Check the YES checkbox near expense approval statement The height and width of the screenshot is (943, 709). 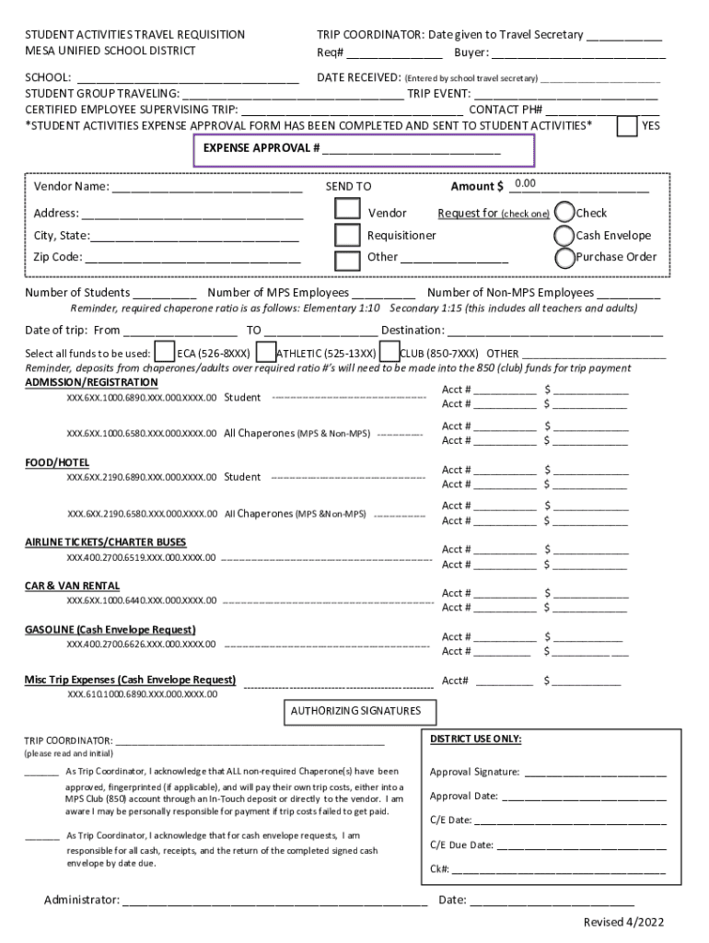pyautogui.click(x=627, y=125)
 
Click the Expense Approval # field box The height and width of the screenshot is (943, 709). pyautogui.click(x=363, y=150)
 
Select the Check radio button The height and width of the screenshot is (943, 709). pyautogui.click(x=564, y=213)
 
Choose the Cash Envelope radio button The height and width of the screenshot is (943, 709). pyautogui.click(x=564, y=235)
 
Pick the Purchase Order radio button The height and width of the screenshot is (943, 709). pyautogui.click(x=564, y=257)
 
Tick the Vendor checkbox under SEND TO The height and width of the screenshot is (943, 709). pyautogui.click(x=347, y=211)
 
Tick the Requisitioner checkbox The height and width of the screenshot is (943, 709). pyautogui.click(x=347, y=235)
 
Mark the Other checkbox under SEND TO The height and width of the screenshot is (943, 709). pyautogui.click(x=347, y=259)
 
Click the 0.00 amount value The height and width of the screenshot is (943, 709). pyautogui.click(x=526, y=184)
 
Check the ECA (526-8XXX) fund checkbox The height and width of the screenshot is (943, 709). pyautogui.click(x=164, y=353)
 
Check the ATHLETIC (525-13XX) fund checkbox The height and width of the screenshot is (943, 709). pyautogui.click(x=265, y=353)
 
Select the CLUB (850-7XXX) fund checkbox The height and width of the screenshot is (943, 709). pyautogui.click(x=389, y=353)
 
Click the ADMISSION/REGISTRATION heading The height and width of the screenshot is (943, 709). pyautogui.click(x=91, y=382)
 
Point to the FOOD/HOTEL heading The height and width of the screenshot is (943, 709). pyautogui.click(x=57, y=461)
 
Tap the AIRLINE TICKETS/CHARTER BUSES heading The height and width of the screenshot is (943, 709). pyautogui.click(x=105, y=541)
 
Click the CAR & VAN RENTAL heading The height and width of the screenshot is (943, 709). pyautogui.click(x=72, y=586)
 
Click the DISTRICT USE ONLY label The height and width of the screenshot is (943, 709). pyautogui.click(x=475, y=739)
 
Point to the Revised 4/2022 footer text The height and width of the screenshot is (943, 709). pyautogui.click(x=623, y=923)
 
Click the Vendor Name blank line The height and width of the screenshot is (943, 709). pyautogui.click(x=207, y=188)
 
